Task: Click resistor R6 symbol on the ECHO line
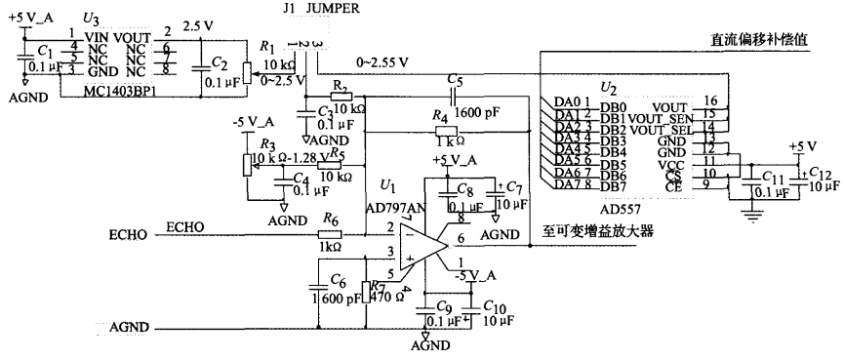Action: pos(329,234)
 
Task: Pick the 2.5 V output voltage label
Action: pos(204,28)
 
